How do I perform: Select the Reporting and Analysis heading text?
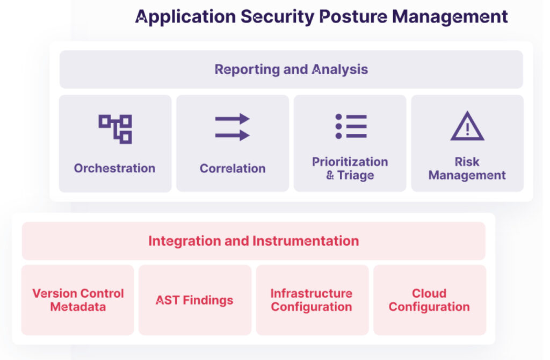tap(291, 69)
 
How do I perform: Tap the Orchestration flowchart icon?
tap(115, 129)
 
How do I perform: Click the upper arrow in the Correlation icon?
tap(232, 119)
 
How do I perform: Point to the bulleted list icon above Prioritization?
tap(351, 126)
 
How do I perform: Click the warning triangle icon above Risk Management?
tap(467, 126)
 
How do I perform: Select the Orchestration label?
tap(115, 168)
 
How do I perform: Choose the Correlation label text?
tap(233, 168)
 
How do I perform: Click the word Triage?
tap(356, 176)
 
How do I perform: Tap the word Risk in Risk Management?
tap(467, 162)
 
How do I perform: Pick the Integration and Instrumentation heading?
tap(254, 241)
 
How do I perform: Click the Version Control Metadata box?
tap(77, 300)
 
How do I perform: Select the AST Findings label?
tap(194, 300)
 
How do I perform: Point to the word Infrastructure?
tap(312, 293)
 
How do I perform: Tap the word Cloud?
tap(429, 293)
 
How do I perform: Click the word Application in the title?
tap(185, 17)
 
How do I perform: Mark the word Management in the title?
tap(450, 17)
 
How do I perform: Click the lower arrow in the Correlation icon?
tap(232, 135)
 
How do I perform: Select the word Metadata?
tap(78, 307)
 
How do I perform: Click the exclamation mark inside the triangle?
tap(467, 129)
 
